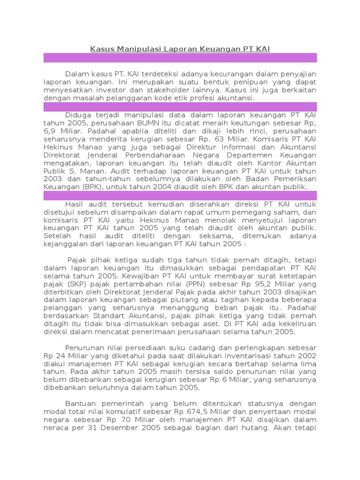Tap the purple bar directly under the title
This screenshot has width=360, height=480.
point(180,58)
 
